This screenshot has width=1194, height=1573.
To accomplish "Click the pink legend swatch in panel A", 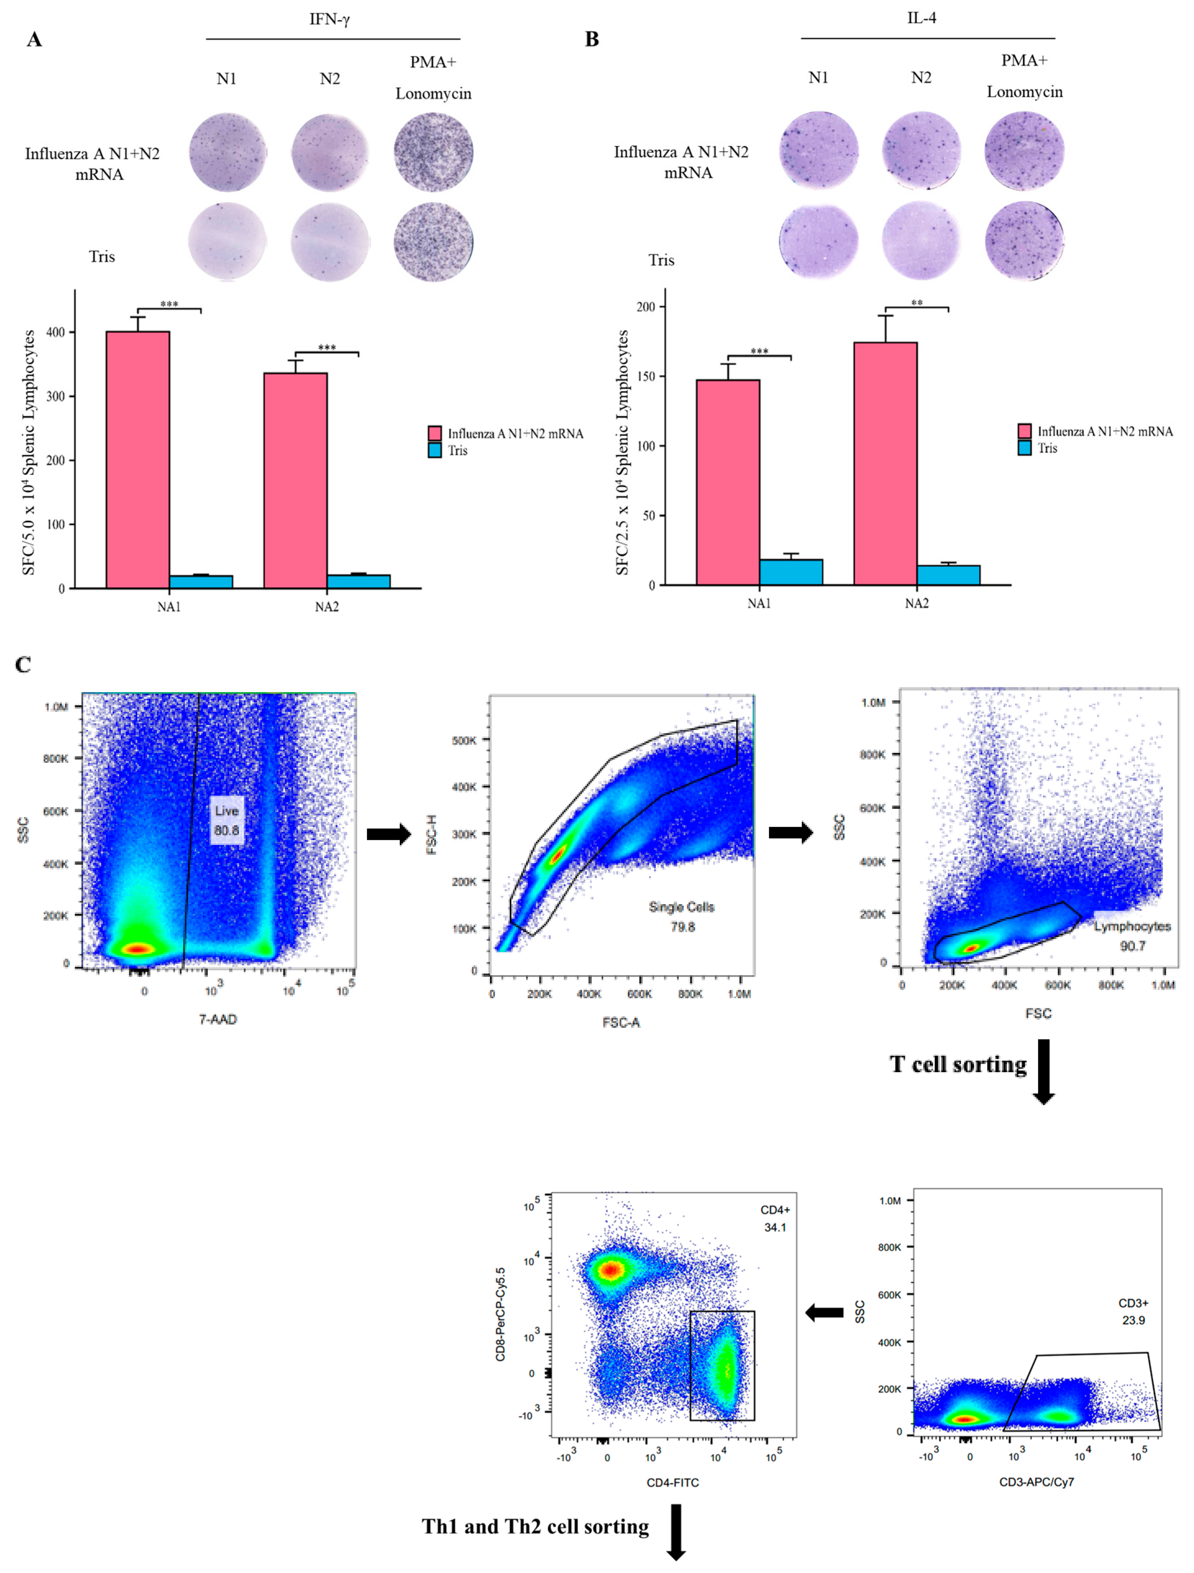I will (435, 433).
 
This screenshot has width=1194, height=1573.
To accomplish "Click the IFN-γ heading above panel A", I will (329, 19).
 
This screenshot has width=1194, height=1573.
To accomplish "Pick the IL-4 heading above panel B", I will (922, 18).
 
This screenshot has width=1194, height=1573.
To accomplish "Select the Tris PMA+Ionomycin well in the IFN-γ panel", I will (434, 242).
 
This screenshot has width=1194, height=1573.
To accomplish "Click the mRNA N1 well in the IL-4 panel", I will (819, 150).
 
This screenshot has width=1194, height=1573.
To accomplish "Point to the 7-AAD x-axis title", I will (217, 1019).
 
